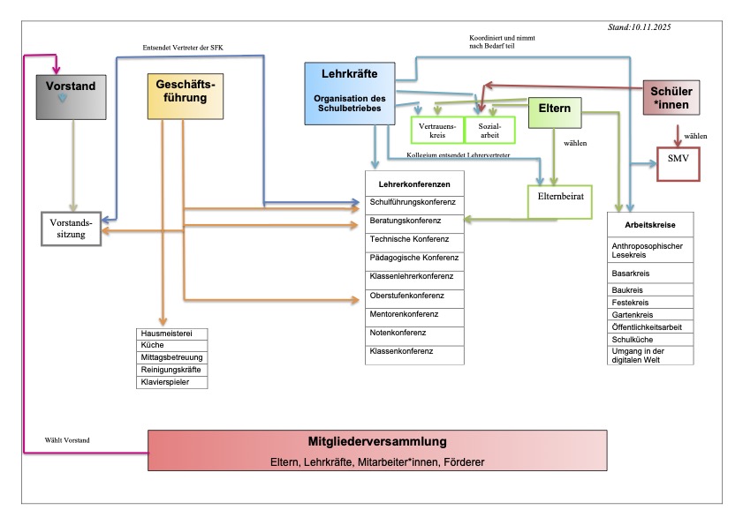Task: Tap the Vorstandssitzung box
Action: tap(72, 229)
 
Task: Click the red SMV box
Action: tap(678, 162)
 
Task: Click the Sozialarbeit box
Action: tap(489, 130)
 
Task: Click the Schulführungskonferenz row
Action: tap(413, 202)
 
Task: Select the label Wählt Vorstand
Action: tap(67, 439)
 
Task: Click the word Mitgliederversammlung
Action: tap(377, 441)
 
